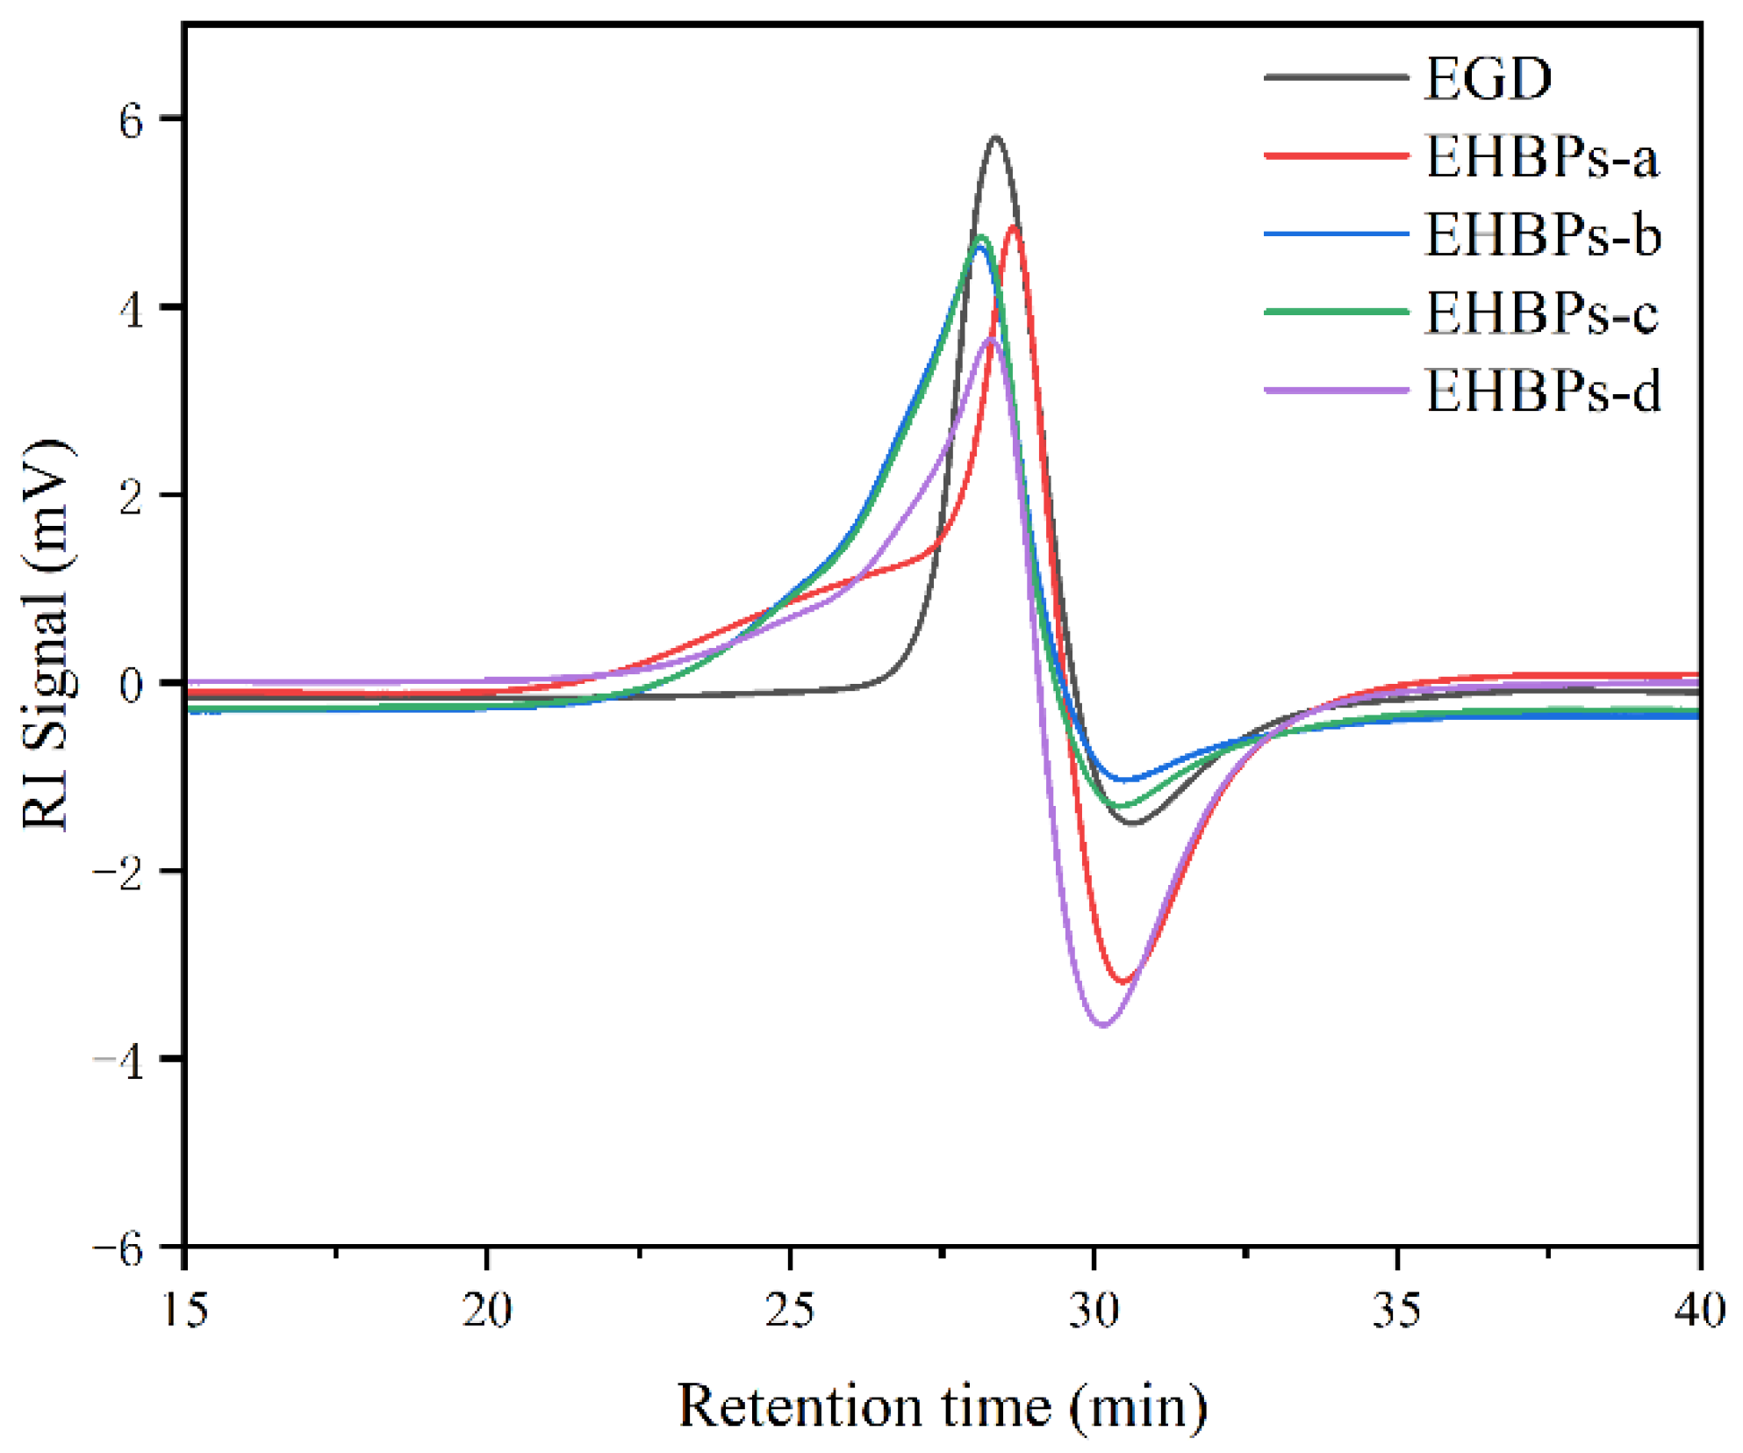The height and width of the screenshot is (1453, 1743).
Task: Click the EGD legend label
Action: [x=1487, y=79]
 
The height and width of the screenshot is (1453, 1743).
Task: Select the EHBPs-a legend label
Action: [x=1541, y=157]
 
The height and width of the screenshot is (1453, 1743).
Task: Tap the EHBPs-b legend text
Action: [x=1542, y=235]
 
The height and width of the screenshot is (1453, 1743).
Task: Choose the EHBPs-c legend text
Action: [x=1541, y=313]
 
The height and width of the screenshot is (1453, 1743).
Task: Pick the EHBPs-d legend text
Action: [x=1542, y=391]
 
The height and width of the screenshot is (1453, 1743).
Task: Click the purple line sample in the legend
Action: [x=1335, y=390]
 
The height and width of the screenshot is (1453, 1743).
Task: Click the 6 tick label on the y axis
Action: [x=132, y=120]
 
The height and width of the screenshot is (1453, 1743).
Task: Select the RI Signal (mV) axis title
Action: [x=46, y=634]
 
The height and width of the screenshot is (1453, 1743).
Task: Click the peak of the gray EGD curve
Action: [x=995, y=138]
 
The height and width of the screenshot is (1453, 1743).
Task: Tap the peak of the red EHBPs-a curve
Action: [x=1015, y=227]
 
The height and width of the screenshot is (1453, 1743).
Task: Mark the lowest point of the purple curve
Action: [x=1104, y=1024]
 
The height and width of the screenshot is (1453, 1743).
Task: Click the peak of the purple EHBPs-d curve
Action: [x=990, y=339]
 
